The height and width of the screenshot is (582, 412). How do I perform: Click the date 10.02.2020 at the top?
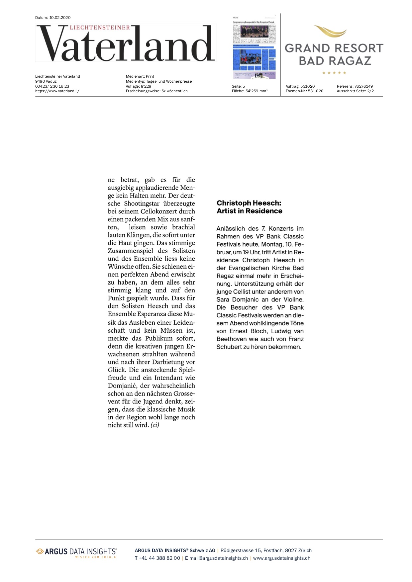[x=60, y=18]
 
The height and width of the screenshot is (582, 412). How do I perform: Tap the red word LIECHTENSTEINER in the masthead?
[x=100, y=28]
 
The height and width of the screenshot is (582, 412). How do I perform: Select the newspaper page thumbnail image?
[x=254, y=47]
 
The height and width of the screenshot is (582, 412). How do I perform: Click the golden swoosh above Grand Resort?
[x=330, y=31]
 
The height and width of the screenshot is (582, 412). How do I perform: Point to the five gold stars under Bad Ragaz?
[x=334, y=73]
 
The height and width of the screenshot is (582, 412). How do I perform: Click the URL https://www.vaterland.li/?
[x=57, y=91]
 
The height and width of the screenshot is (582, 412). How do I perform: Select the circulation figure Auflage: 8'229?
[x=139, y=86]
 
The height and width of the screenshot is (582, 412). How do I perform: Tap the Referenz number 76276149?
[x=363, y=86]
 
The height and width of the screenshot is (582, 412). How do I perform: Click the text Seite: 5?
[x=238, y=86]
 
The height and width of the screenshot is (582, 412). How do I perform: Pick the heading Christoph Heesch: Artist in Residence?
[x=249, y=207]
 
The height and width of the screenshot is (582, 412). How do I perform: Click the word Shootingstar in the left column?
[x=143, y=204]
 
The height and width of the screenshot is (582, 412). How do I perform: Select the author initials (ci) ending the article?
[x=155, y=425]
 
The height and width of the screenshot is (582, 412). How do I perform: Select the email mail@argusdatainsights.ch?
[x=219, y=558]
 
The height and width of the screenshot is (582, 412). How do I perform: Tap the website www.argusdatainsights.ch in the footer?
[x=281, y=558]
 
